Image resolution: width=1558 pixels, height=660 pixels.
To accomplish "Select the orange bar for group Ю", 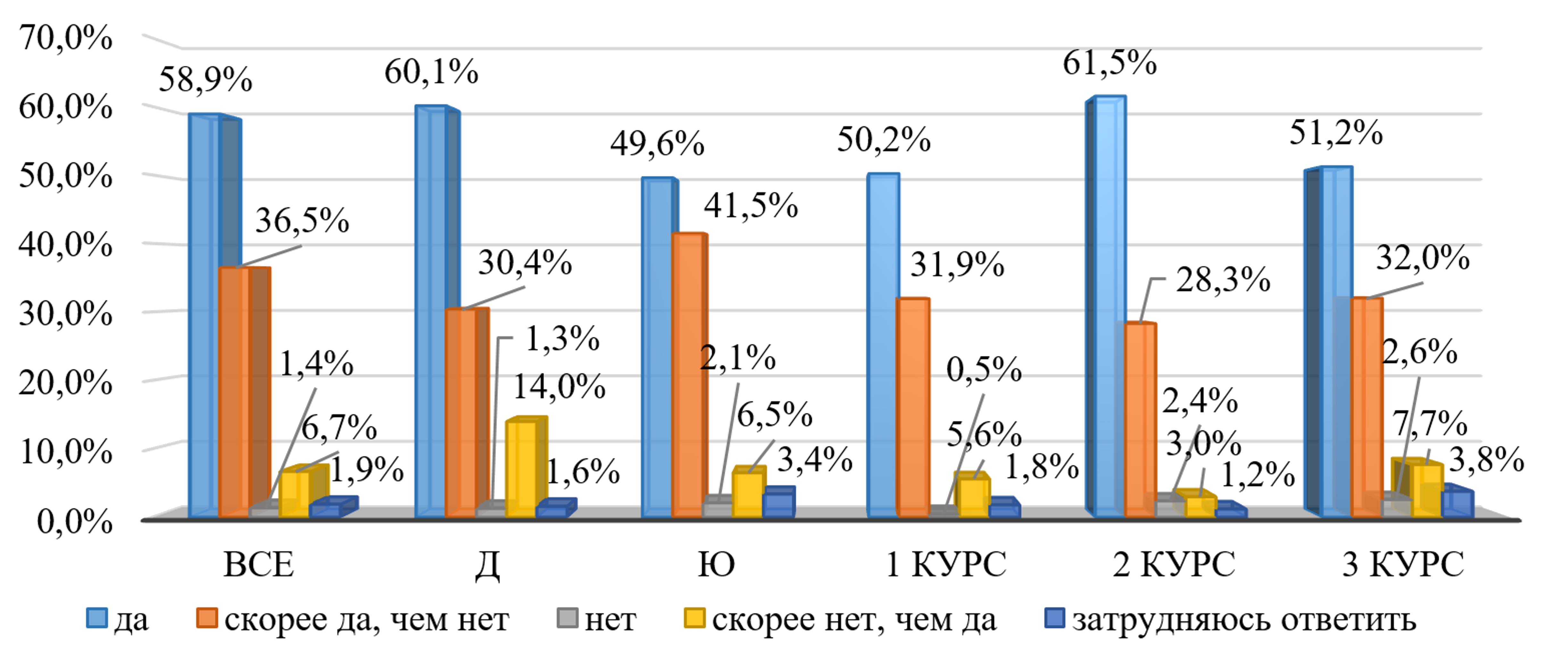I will pyautogui.click(x=688, y=375).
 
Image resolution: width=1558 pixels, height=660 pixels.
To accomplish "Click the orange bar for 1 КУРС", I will pyautogui.click(x=913, y=408).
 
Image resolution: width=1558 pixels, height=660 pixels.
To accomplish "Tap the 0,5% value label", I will pyautogui.click(x=984, y=370).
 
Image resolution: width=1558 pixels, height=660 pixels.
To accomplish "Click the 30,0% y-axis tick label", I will pyautogui.click(x=65, y=314).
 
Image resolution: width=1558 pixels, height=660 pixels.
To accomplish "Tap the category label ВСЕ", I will pyautogui.click(x=259, y=565).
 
